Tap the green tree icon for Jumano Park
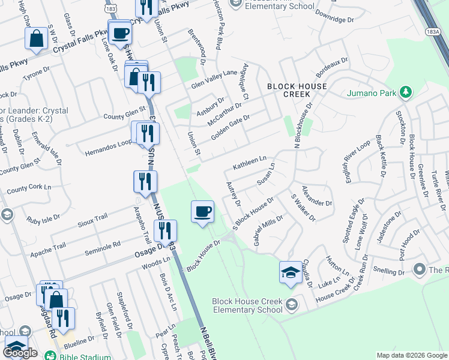click(406, 92)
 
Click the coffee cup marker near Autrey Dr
click(202, 211)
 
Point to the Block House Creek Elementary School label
click(247, 306)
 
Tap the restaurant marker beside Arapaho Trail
click(145, 181)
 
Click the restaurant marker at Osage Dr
click(164, 230)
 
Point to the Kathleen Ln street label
click(249, 163)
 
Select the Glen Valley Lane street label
click(214, 79)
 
